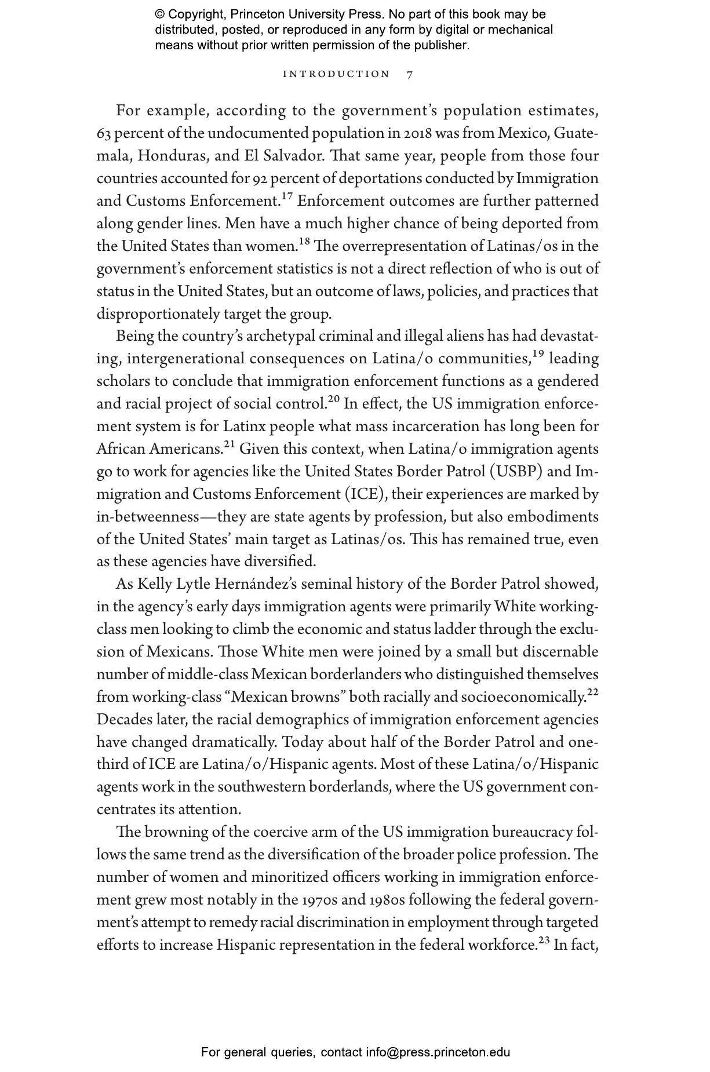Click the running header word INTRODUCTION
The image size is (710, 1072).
(x=336, y=74)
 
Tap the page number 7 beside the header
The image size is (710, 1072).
(x=410, y=74)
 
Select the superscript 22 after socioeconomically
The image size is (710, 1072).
(x=592, y=692)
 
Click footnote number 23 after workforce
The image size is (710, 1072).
(x=544, y=940)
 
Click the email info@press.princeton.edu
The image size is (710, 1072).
(x=438, y=1052)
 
